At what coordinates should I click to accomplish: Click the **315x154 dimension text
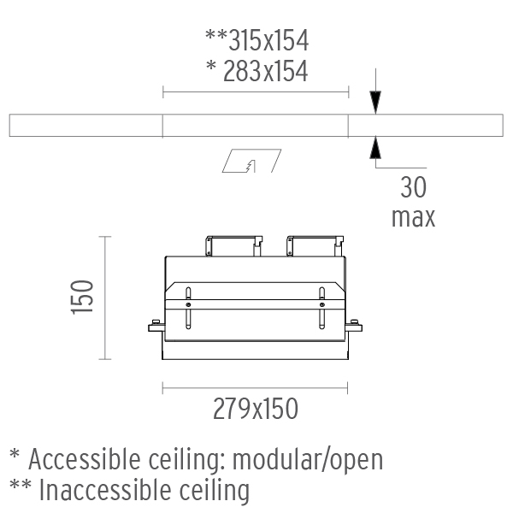tap(256, 40)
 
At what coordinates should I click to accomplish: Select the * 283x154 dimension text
tap(257, 71)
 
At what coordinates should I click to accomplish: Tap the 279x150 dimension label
tap(256, 409)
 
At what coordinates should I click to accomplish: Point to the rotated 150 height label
tap(82, 297)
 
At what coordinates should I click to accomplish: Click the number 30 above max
tap(414, 187)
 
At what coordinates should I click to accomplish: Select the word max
tap(414, 217)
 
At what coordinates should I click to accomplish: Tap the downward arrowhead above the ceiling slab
tap(375, 103)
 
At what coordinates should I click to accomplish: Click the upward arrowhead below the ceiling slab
tap(375, 148)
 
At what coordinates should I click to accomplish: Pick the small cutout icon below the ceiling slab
tap(251, 161)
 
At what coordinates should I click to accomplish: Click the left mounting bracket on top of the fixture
tap(234, 245)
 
